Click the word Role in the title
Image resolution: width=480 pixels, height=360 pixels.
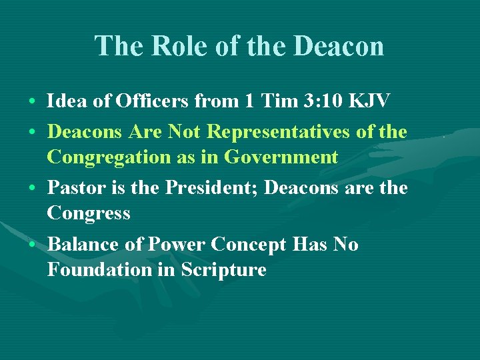point(171,47)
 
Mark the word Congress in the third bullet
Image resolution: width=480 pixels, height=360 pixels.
point(89,213)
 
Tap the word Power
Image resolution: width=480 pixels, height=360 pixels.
point(175,245)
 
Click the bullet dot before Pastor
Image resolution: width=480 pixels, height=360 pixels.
point(33,189)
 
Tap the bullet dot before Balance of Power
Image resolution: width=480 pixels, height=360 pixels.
point(33,245)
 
